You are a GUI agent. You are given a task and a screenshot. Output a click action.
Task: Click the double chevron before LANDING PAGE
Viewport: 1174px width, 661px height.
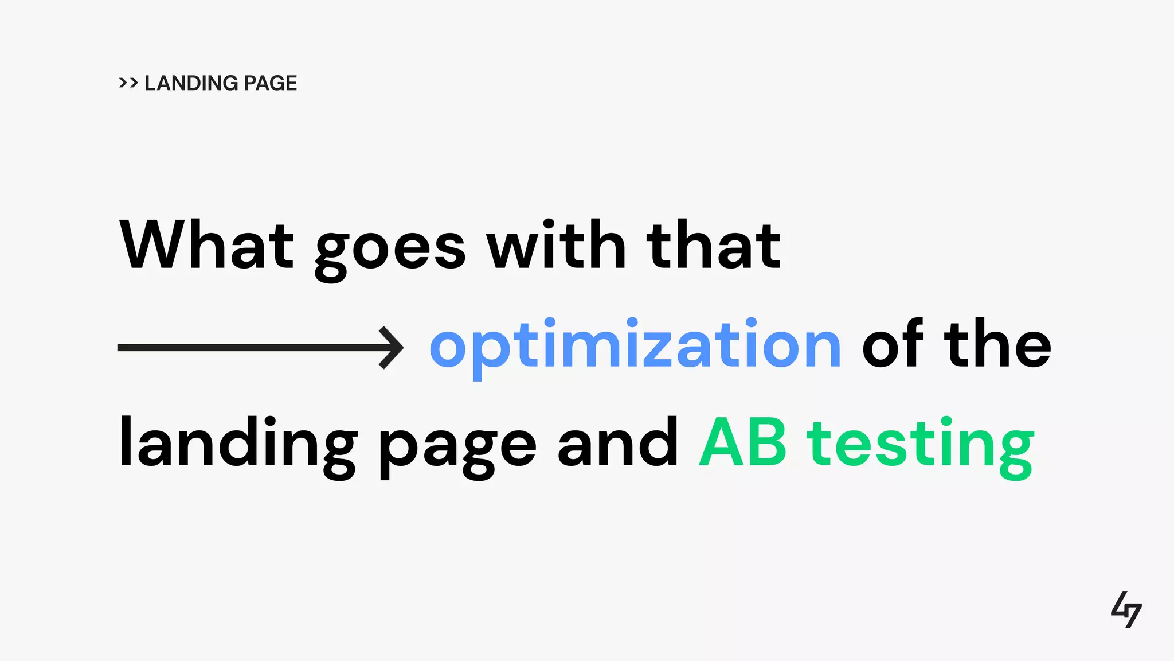click(128, 83)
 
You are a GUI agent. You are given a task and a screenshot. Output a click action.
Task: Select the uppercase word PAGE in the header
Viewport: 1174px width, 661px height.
click(270, 83)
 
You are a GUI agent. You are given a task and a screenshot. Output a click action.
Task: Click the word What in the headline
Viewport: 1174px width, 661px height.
click(206, 245)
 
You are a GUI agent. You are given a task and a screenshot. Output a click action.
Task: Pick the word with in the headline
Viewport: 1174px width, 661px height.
click(555, 245)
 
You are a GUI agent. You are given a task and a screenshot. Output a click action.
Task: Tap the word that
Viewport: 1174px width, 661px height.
click(713, 245)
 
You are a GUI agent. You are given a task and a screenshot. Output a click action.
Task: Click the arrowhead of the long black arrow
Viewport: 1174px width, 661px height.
click(393, 347)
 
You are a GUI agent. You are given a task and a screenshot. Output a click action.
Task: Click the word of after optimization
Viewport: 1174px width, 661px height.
click(893, 344)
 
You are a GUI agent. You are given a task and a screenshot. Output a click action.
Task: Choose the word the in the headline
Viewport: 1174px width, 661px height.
click(998, 344)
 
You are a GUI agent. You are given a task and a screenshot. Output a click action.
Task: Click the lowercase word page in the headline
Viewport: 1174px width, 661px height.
click(457, 448)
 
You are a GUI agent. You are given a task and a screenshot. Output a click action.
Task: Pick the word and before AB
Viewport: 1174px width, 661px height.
click(618, 443)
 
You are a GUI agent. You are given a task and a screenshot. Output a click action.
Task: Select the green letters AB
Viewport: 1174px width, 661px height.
click(743, 443)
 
